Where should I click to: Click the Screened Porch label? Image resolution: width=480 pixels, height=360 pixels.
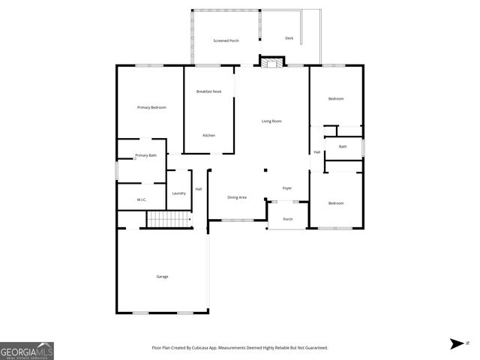(x=226, y=40)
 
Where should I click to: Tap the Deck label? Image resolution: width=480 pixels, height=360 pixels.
(x=289, y=38)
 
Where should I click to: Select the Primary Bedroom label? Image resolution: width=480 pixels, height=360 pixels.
(x=151, y=108)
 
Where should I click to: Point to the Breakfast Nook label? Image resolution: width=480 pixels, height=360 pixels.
(x=208, y=91)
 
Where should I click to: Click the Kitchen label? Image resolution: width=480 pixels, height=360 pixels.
(x=209, y=135)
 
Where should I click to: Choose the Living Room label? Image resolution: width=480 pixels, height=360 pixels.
(x=271, y=121)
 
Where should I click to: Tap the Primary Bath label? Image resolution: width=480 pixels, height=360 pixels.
(x=145, y=155)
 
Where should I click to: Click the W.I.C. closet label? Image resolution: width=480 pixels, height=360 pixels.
(x=141, y=199)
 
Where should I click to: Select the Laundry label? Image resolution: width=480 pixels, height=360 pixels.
(x=178, y=193)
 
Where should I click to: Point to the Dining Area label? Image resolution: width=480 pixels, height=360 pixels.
(x=237, y=197)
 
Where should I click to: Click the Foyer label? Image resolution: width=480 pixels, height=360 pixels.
(x=286, y=188)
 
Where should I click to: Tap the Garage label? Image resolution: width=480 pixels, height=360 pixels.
(x=162, y=277)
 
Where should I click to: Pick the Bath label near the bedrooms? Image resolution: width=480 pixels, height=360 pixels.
(x=343, y=147)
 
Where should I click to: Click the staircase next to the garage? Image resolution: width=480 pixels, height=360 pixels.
(x=160, y=219)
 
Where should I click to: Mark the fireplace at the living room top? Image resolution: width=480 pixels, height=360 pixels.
(x=272, y=63)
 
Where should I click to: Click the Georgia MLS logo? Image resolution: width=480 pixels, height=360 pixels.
(x=27, y=351)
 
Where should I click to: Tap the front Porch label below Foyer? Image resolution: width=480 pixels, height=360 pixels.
(x=287, y=219)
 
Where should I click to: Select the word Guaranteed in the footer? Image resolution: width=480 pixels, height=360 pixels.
(x=315, y=348)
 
